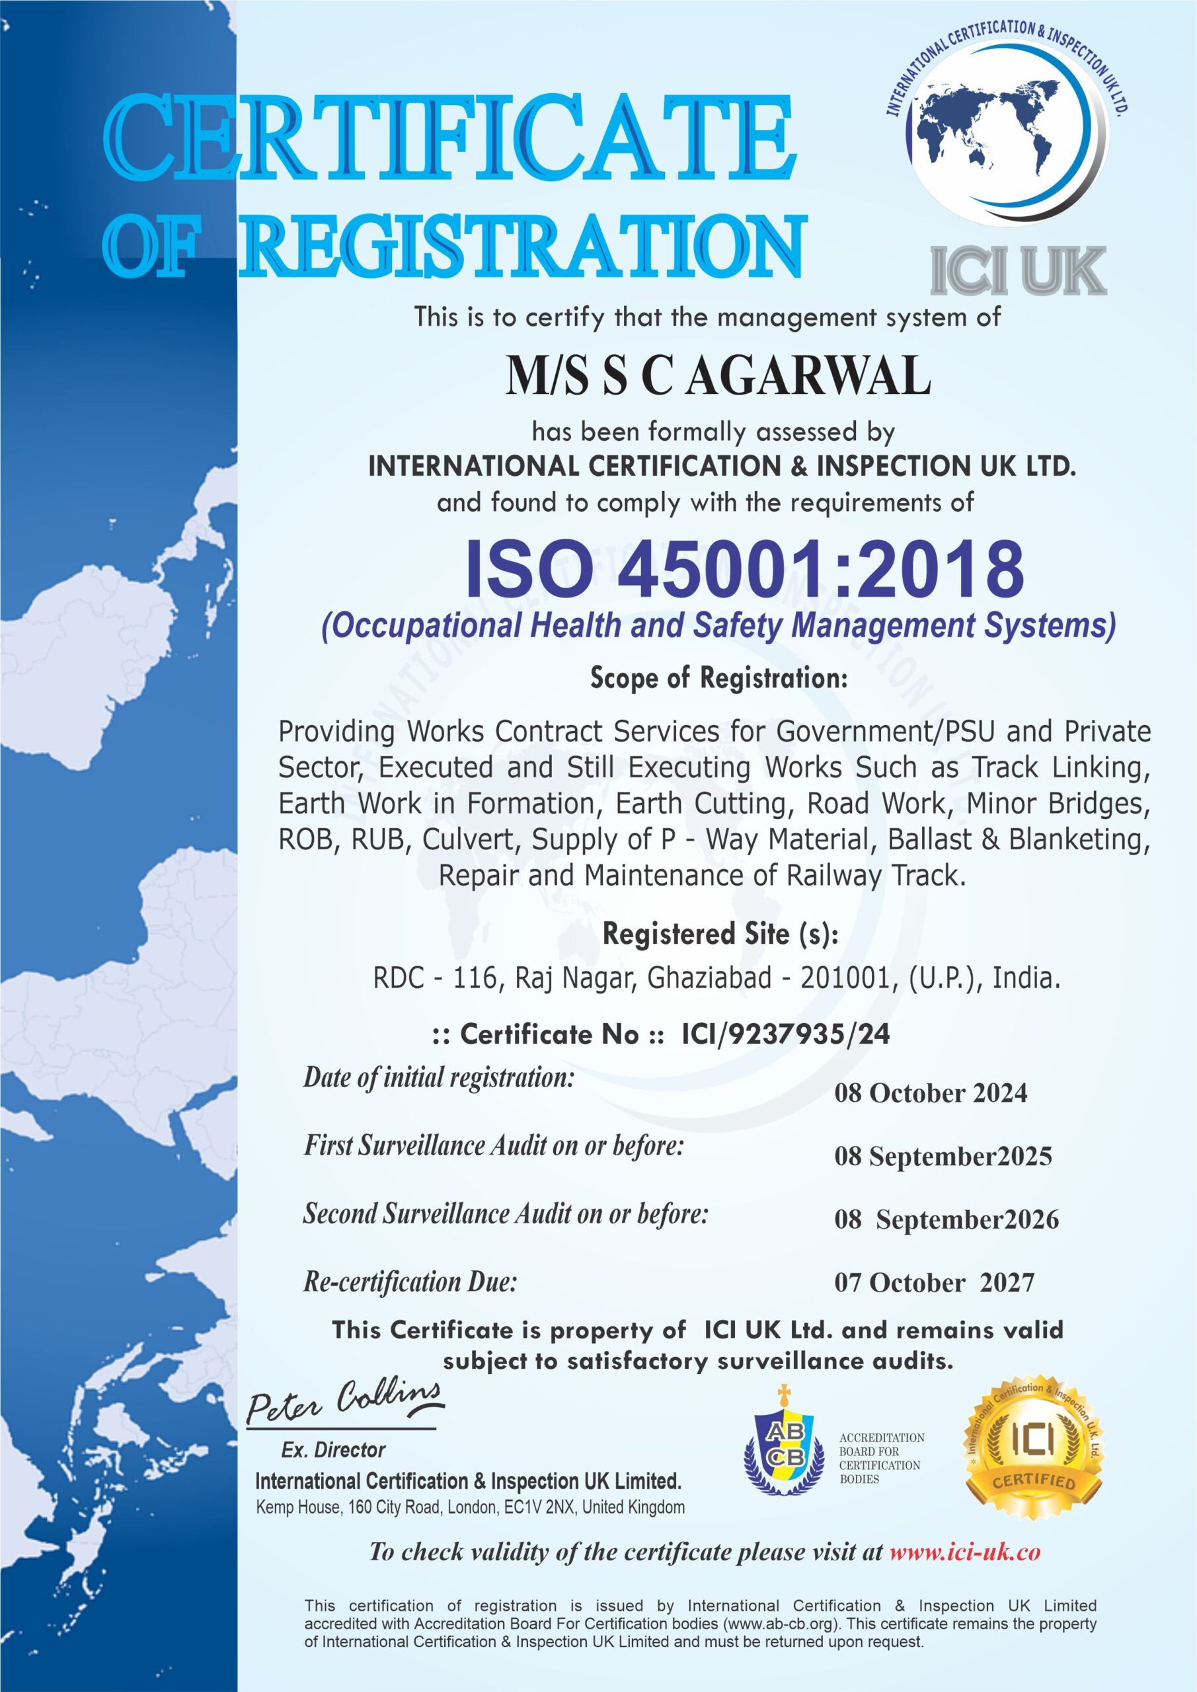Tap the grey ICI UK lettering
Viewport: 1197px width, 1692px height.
[1017, 272]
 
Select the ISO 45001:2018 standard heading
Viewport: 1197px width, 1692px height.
[744, 570]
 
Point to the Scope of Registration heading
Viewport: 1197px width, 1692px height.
[718, 677]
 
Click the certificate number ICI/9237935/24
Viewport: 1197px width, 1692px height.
[786, 1034]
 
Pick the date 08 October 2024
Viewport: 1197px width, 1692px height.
[930, 1093]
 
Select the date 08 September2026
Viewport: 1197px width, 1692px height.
[946, 1219]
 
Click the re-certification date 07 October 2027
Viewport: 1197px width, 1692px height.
[934, 1283]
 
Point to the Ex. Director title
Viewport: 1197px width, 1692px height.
[333, 1450]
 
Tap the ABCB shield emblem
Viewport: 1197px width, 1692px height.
[783, 1447]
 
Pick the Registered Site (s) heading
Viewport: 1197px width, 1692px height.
[720, 935]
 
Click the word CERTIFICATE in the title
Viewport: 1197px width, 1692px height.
[449, 138]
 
